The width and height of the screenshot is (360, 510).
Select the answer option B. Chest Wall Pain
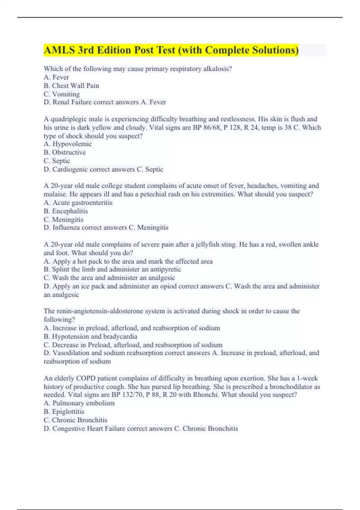click(x=71, y=86)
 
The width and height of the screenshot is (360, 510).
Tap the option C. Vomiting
click(x=62, y=94)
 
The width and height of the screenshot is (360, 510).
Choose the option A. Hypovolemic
click(x=68, y=144)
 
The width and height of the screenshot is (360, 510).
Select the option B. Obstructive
click(x=65, y=152)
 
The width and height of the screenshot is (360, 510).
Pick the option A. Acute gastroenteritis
click(x=78, y=203)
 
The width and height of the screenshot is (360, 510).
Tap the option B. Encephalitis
click(x=66, y=211)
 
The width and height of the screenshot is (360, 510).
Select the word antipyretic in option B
click(x=166, y=269)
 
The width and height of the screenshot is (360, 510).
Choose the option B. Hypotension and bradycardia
click(x=91, y=337)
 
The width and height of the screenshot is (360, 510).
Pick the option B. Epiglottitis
click(x=64, y=412)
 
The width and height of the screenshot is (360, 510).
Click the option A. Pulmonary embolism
click(x=79, y=403)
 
